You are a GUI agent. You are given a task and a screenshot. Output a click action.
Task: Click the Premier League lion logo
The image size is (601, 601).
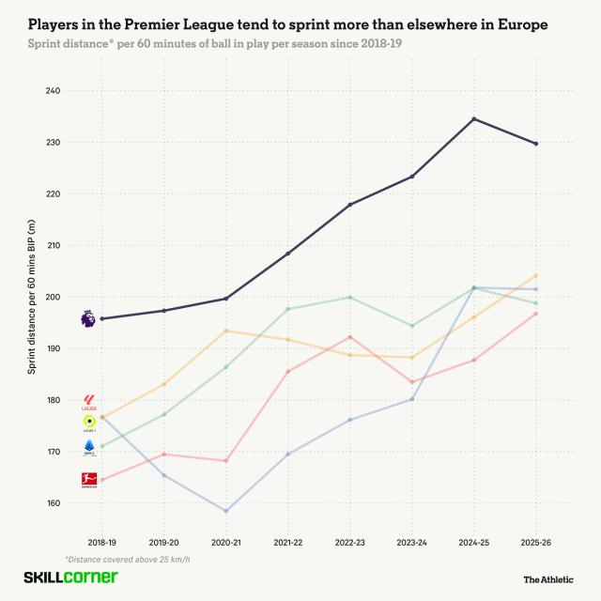point(88,319)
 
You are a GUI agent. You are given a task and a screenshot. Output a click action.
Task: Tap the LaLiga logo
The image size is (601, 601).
point(89,403)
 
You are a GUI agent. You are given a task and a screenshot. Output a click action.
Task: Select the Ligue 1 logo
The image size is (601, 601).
point(89,424)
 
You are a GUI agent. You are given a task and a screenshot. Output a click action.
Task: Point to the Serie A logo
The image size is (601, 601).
point(89,447)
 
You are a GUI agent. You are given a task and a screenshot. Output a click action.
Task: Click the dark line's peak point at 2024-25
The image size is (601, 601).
point(474,118)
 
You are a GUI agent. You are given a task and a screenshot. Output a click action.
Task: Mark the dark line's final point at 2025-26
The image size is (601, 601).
point(536,144)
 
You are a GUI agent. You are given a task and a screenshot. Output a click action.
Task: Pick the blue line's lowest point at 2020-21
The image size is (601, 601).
point(226,511)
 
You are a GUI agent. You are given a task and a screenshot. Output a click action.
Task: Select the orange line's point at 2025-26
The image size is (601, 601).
point(536,275)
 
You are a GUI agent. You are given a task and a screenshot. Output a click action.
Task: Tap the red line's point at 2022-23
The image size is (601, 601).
point(350,336)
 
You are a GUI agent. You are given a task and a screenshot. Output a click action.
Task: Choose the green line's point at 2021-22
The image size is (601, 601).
point(288,309)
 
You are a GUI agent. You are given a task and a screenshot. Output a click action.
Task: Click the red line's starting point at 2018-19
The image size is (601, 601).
point(102,480)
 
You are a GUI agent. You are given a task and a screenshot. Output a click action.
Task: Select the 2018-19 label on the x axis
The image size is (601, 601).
point(102,542)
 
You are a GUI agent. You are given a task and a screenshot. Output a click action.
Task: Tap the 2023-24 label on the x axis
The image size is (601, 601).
point(412,542)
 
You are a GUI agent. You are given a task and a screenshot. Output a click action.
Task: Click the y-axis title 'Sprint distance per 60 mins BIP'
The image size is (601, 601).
point(31,297)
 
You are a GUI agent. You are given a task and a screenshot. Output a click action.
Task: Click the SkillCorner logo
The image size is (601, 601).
point(70,577)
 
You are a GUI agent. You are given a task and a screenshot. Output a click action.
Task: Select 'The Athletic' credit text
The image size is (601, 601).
point(549,579)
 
